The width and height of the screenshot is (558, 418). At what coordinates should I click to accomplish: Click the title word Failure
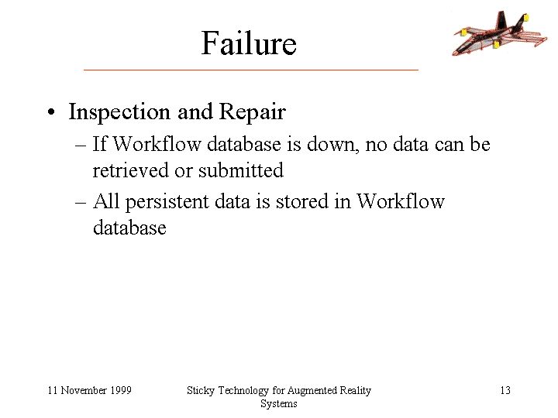click(249, 43)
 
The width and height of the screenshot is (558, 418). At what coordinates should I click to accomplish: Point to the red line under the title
click(251, 70)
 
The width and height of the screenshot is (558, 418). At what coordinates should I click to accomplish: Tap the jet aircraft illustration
click(499, 33)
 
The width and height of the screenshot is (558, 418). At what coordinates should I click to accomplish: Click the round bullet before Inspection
click(51, 112)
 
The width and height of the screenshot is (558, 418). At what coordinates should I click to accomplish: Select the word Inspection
click(119, 112)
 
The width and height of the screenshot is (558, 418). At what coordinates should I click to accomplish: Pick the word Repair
click(253, 112)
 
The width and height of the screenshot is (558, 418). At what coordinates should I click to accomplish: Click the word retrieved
click(131, 170)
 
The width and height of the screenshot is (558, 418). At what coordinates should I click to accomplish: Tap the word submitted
click(241, 170)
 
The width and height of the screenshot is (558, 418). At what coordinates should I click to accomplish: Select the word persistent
click(167, 202)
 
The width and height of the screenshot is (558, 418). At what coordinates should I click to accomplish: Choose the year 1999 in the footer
click(121, 390)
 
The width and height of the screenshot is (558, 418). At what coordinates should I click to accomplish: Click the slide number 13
click(505, 390)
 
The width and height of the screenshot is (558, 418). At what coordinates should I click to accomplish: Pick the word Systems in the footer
click(279, 404)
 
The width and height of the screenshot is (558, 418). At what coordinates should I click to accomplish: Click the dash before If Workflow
click(81, 146)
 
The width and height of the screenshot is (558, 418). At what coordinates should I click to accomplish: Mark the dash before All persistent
click(81, 203)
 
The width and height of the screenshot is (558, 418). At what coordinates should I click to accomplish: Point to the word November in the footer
click(84, 390)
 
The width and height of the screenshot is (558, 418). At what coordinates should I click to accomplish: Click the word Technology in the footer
click(243, 391)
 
